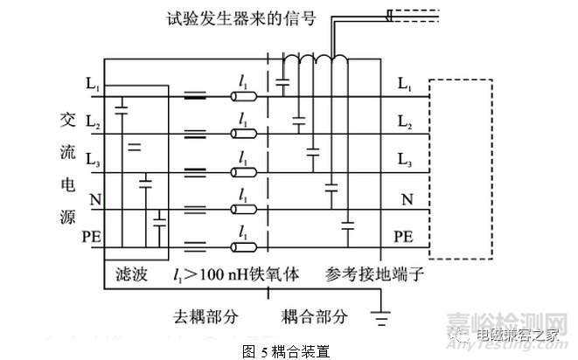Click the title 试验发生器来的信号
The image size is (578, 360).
(249, 17)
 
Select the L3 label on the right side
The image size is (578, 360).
(405, 160)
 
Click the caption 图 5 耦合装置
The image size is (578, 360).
(288, 349)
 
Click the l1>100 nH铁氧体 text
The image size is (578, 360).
(236, 273)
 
